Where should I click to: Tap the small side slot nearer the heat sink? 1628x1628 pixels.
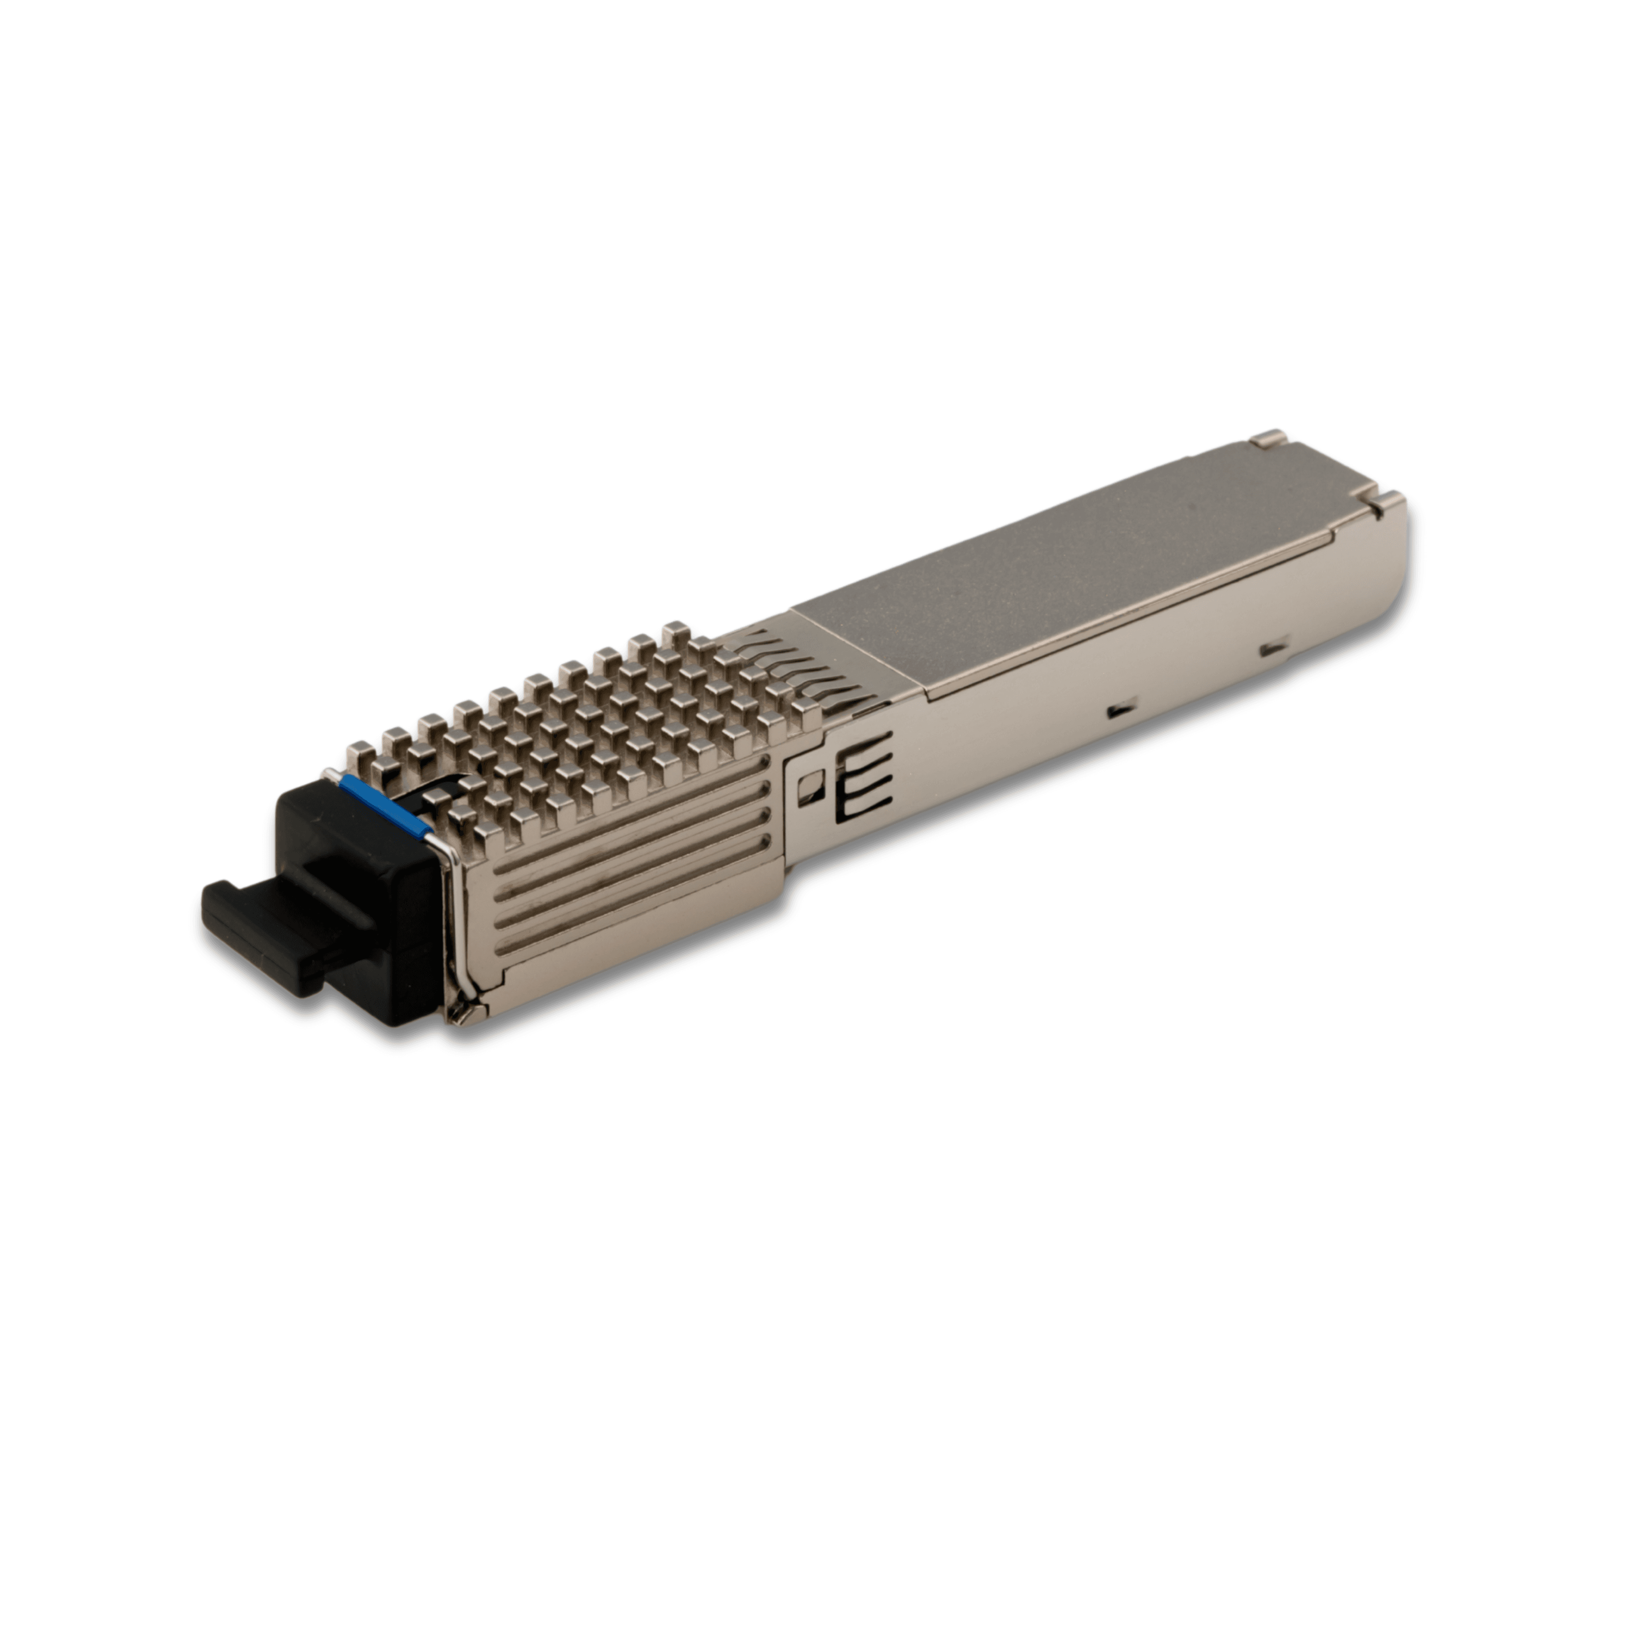[x=1120, y=711]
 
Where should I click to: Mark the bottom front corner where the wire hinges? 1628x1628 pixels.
[x=462, y=1011]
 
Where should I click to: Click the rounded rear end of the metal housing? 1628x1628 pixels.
[x=1395, y=573]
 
